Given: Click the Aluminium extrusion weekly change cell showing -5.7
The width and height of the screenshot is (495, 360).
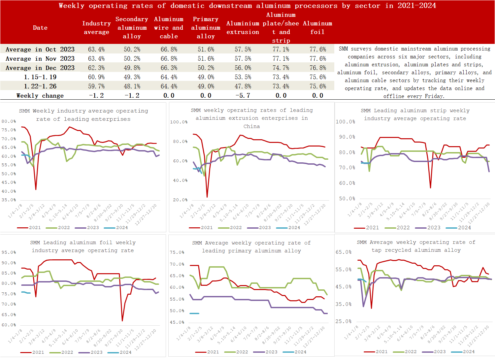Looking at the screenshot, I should coord(243,96).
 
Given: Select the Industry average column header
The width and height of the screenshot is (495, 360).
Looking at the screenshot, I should coord(96,28).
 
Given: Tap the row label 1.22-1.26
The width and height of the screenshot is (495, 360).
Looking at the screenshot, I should coord(40,86).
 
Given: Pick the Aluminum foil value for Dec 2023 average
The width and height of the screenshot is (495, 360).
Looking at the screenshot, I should coord(317,68).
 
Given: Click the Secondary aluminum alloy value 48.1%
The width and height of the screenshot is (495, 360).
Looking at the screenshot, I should coord(132,86).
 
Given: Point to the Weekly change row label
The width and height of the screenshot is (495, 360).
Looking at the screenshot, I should coord(40,96).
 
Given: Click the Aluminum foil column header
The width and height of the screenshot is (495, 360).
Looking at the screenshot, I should coord(317,28).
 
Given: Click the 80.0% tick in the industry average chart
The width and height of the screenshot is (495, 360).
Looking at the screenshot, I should coord(9,121).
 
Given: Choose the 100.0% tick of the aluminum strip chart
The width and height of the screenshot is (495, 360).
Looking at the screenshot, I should coord(345,122).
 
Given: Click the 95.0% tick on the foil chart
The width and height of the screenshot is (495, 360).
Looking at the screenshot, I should coord(9,252).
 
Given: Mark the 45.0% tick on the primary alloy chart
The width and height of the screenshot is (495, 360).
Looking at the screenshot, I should coord(177,322).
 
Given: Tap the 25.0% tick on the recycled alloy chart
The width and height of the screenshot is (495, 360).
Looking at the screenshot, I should coord(344,321).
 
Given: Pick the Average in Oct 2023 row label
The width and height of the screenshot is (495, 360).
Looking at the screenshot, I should coord(40,49).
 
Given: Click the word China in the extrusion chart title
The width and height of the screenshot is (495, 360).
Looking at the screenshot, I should coord(251,126).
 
